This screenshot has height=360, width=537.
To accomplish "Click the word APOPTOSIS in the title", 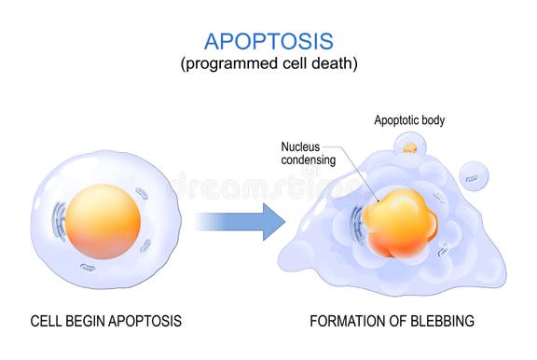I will [268, 40].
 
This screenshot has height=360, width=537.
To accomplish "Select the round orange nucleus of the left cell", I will [103, 221].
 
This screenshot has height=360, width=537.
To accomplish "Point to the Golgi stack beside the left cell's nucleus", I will [60, 222].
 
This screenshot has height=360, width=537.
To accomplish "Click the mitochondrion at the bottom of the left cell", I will [88, 268].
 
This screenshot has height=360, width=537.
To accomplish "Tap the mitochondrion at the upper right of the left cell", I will [142, 193].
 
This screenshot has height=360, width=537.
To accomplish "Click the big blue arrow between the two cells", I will [239, 221].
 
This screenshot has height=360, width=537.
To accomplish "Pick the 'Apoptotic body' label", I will [409, 120].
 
